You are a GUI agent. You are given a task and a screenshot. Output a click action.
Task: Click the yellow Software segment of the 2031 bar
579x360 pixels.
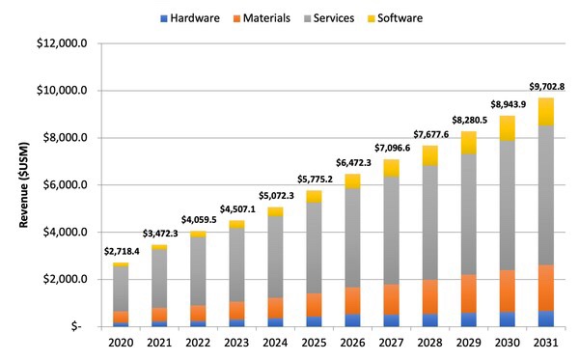point(545,111)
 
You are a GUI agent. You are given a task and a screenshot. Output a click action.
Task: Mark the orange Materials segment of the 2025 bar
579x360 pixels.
point(315,304)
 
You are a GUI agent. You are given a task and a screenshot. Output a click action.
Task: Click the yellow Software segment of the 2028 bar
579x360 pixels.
point(430,155)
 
